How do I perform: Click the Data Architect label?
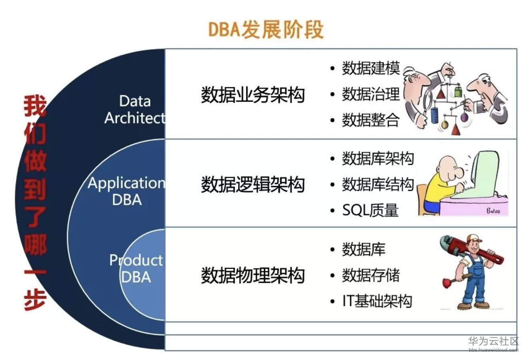(135, 109)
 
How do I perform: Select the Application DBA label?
(126, 191)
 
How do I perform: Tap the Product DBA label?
(136, 268)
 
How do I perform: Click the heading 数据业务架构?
(253, 95)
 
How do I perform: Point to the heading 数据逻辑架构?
(253, 184)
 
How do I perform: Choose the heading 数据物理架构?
(253, 275)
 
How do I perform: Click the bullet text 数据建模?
(371, 68)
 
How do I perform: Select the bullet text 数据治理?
(371, 94)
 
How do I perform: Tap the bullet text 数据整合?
(371, 120)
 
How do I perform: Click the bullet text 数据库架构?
(377, 159)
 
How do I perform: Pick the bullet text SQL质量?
(370, 210)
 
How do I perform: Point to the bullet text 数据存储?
(371, 275)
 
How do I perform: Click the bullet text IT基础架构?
(377, 301)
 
